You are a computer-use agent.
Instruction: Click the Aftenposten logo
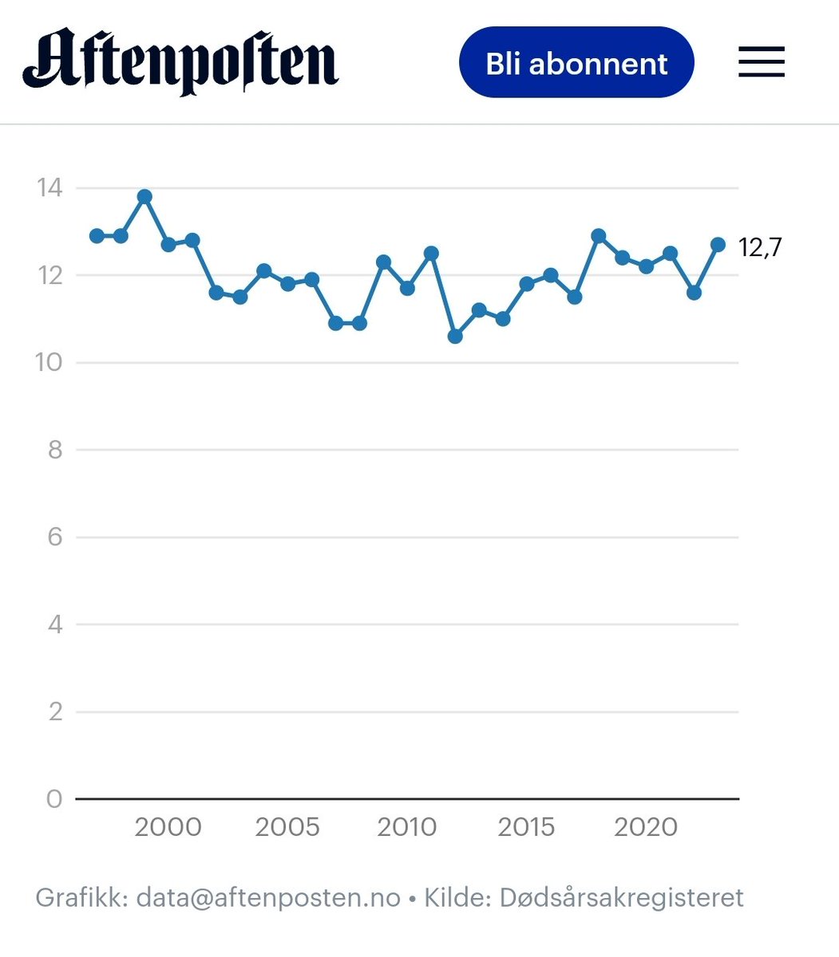pyautogui.click(x=180, y=62)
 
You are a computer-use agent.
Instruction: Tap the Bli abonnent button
pyautogui.click(x=576, y=63)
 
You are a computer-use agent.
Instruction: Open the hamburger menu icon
pyautogui.click(x=761, y=62)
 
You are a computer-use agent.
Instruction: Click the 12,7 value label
pyautogui.click(x=760, y=248)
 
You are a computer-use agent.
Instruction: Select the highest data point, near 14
pyautogui.click(x=144, y=196)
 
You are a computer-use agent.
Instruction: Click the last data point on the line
pyautogui.click(x=718, y=245)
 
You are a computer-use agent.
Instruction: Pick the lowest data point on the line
pyautogui.click(x=455, y=337)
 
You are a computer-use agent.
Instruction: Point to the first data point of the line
pyautogui.click(x=97, y=236)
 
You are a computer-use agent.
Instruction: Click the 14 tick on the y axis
pyautogui.click(x=49, y=188)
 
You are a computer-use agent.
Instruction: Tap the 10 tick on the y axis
pyautogui.click(x=49, y=363)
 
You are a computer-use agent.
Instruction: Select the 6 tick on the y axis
pyautogui.click(x=54, y=537)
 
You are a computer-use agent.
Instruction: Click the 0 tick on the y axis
pyautogui.click(x=54, y=798)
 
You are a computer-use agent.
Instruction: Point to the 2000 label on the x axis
pyautogui.click(x=168, y=827)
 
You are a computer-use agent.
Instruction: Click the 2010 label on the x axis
pyautogui.click(x=407, y=827)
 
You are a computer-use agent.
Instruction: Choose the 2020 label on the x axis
pyautogui.click(x=646, y=827)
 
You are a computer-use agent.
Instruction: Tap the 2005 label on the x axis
pyautogui.click(x=287, y=827)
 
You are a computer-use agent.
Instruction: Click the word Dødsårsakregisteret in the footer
pyautogui.click(x=621, y=898)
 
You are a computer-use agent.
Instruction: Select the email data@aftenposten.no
pyautogui.click(x=268, y=898)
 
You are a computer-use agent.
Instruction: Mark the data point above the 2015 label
pyautogui.click(x=527, y=284)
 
